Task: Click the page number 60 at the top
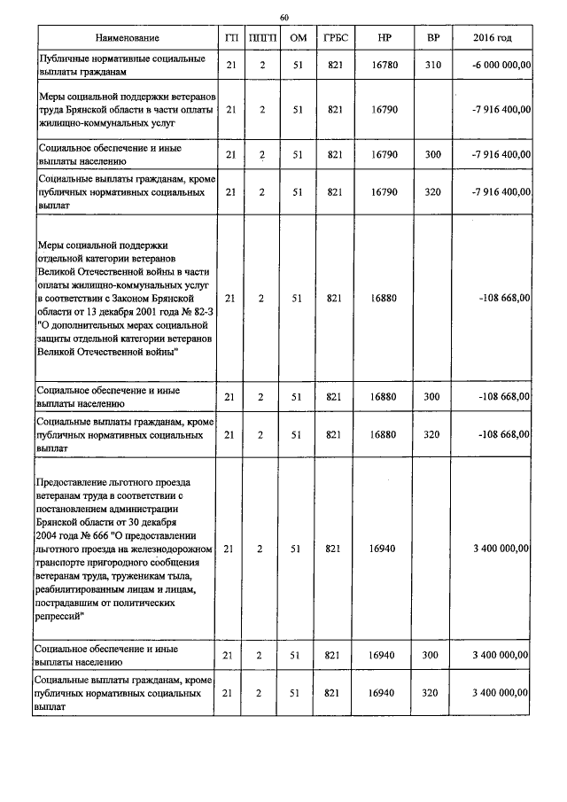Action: coord(284,17)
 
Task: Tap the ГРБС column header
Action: coord(334,38)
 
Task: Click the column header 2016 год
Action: coord(493,38)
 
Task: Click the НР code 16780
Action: coord(384,65)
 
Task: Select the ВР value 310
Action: coord(432,65)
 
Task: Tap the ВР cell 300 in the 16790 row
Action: coord(432,155)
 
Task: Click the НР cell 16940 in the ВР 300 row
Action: coord(384,655)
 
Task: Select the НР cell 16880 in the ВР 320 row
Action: coord(384,434)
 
